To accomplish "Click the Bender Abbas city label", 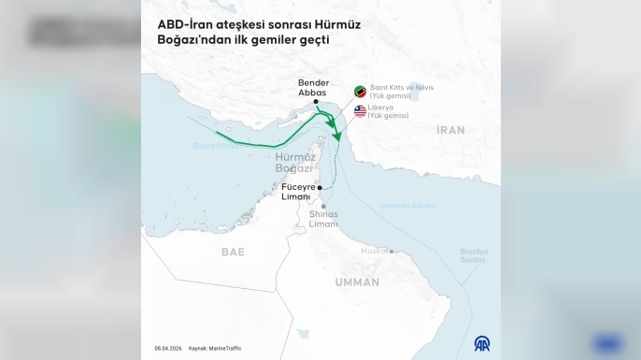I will pos(315,87).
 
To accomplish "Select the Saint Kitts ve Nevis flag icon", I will pos(360,91).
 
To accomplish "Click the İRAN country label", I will pos(450,130).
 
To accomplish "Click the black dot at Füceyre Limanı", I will pos(320,188).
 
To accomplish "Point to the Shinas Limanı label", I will pos(323,219).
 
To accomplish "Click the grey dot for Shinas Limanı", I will pos(324,206).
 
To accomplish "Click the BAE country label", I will pos(233,252).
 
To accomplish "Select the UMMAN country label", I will pos(357,281).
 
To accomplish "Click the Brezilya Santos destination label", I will pos(474,255).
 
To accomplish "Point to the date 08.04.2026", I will pos(167,348).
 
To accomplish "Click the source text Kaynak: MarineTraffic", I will pos(214,348).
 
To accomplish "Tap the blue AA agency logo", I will pos(483,343).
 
